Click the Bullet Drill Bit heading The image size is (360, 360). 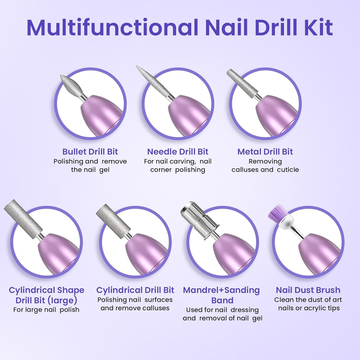(90, 151)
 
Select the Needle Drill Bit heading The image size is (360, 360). (178, 151)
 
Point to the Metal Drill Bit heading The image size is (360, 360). (265, 151)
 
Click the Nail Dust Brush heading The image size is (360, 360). (308, 290)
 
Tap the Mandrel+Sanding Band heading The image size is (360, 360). (221, 295)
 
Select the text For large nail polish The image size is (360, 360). (46, 310)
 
